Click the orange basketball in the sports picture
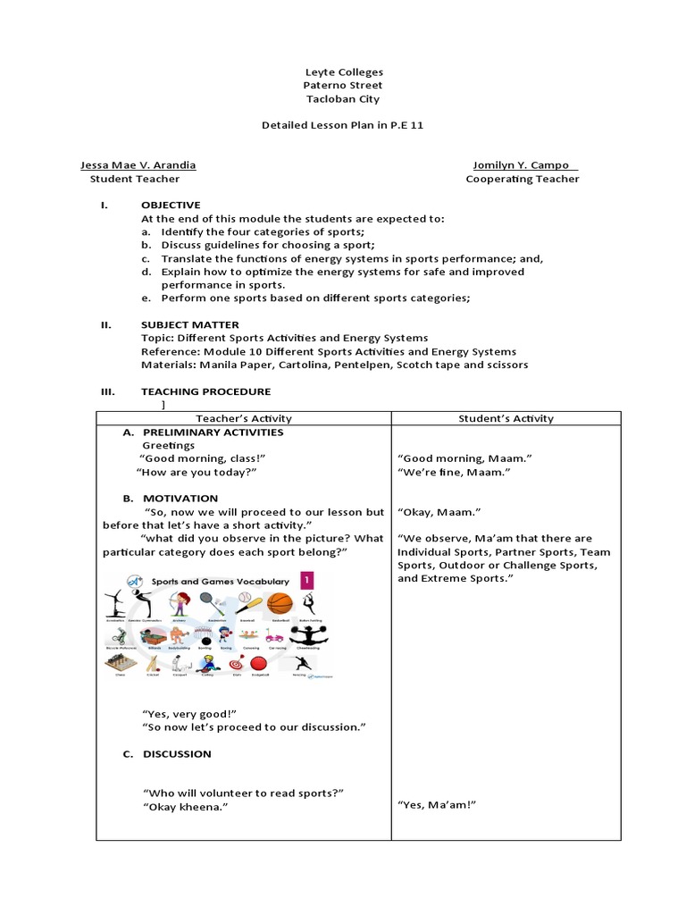pos(280,603)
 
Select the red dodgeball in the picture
pos(258,664)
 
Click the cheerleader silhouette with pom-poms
pos(314,634)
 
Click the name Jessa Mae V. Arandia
pos(138,165)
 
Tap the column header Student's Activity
pos(506,418)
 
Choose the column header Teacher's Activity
pos(243,418)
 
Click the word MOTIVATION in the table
pos(180,498)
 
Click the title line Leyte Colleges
pos(343,71)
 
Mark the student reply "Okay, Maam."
pos(439,512)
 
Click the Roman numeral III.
pos(105,391)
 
